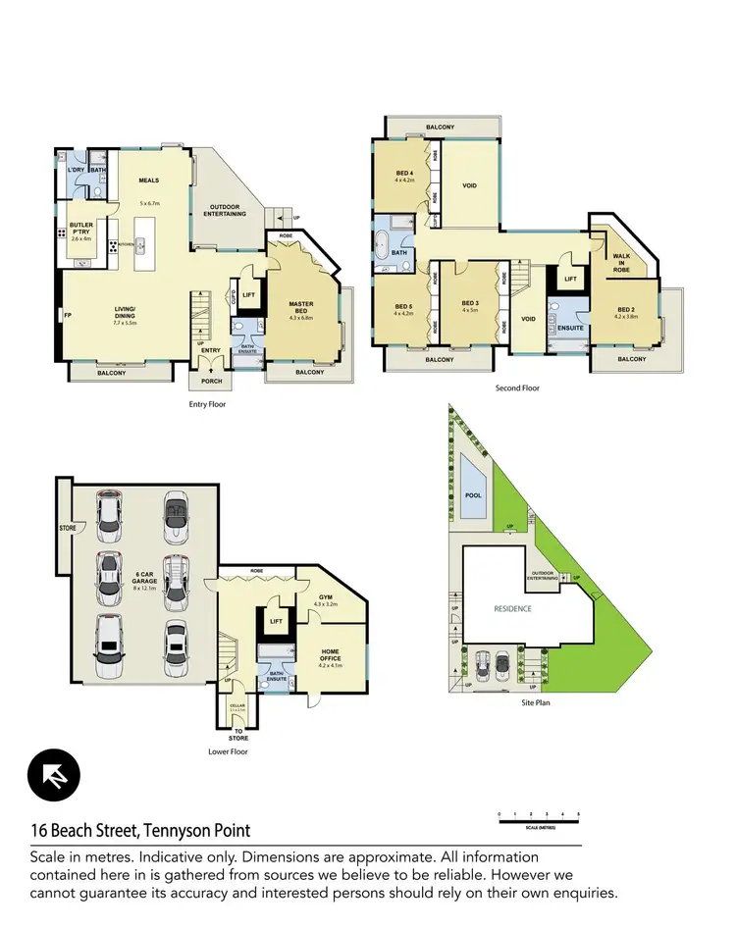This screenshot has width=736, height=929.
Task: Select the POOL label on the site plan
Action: point(473,495)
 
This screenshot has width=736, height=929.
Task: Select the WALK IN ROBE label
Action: point(620,260)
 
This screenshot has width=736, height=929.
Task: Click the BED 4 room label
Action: point(405,176)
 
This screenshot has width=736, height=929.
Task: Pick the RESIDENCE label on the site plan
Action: point(512,609)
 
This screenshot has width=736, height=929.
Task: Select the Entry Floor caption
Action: point(208,403)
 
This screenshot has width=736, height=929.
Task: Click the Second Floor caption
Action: point(516,388)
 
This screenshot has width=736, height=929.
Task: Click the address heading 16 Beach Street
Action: point(139,830)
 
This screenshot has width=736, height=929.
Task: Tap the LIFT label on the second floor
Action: point(570,279)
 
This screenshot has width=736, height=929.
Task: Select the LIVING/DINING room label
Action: point(124,315)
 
